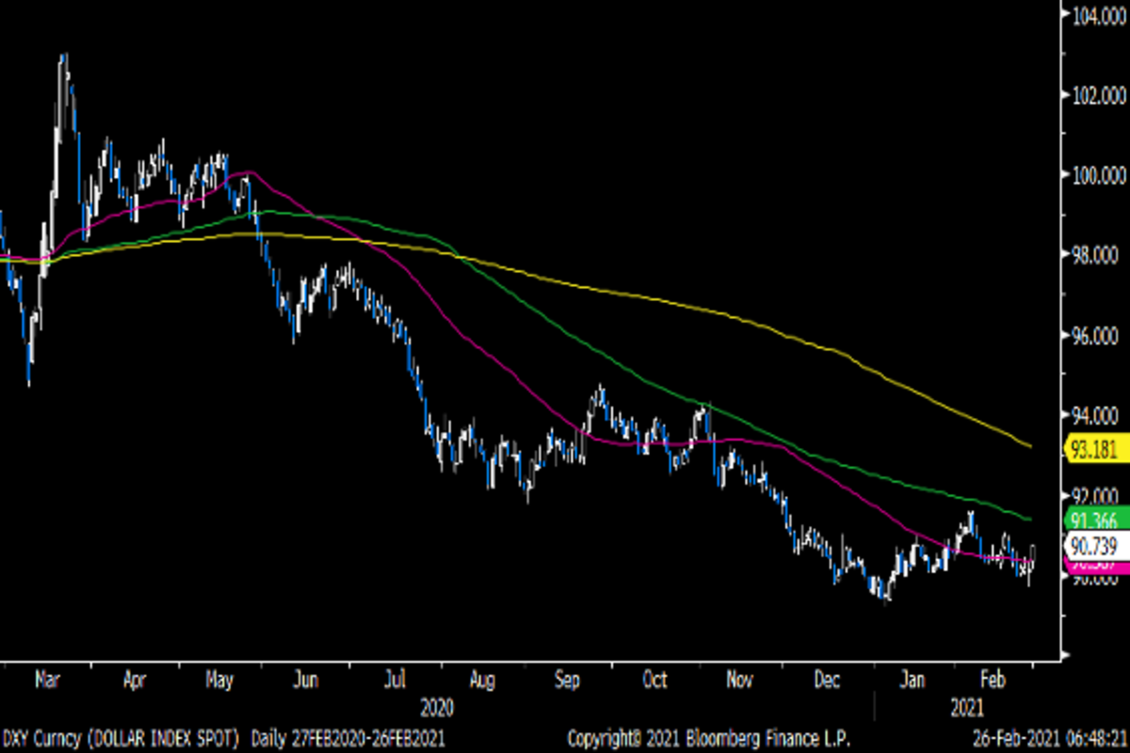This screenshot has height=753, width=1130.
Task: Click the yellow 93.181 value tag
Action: point(1095,448)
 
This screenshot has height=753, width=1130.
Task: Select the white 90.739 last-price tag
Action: point(1095,544)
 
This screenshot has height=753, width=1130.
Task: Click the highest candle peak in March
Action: point(63,56)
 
